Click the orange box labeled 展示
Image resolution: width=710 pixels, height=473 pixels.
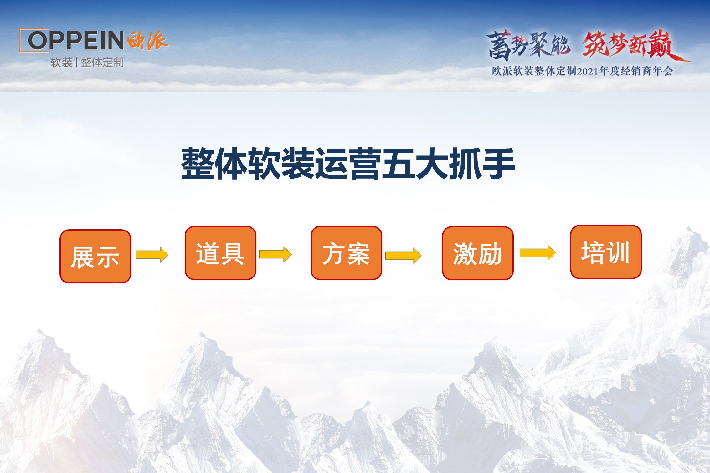95,256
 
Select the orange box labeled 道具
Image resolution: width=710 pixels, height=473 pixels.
220,253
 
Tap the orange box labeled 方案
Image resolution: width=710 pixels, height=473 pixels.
346,253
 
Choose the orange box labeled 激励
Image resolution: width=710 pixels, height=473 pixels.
478,253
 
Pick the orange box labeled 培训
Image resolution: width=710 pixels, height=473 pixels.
606,252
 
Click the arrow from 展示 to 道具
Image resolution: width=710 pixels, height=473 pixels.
152,255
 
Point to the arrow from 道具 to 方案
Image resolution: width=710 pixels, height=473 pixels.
275,254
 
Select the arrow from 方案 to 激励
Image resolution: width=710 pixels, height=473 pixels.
403,256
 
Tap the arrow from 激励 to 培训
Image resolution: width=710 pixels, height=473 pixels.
538,253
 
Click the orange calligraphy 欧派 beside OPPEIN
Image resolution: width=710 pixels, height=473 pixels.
148,40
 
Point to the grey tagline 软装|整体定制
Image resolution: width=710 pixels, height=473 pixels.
87,63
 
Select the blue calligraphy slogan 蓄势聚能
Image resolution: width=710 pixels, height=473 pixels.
528,45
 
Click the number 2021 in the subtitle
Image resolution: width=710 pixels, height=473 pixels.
588,71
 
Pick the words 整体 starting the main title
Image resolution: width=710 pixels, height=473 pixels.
214,164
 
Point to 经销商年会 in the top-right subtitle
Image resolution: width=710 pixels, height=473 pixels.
647,71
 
